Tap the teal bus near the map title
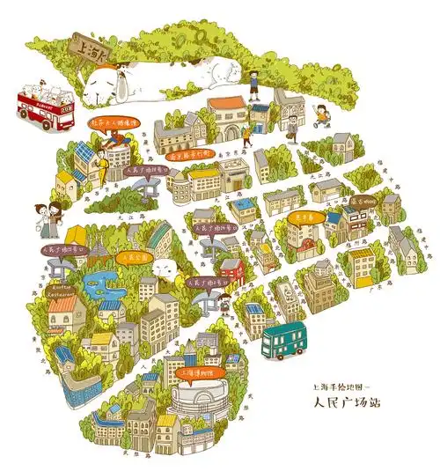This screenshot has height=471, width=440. (284, 341)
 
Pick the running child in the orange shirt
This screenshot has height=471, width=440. (322, 113)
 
